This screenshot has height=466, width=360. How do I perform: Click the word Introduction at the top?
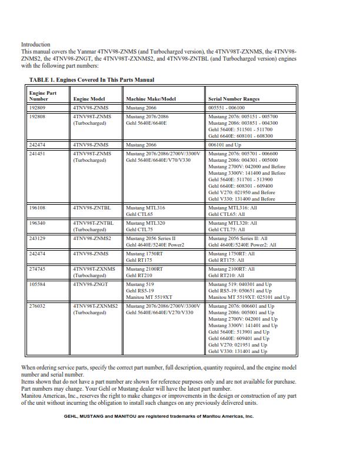pos(36,45)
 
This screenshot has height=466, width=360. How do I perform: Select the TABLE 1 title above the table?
pos(92,80)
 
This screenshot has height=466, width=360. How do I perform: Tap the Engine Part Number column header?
pos(43,96)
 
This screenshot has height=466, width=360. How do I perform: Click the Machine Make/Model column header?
pos(151,99)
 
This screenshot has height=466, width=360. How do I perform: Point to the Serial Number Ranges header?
pos(234,99)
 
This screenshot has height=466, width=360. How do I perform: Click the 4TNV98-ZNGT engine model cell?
pos(91,284)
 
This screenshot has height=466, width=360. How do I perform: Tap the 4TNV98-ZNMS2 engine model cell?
pos(92,238)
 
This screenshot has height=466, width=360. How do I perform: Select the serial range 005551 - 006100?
pos(227,108)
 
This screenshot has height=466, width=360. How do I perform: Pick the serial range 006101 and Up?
pos(225,144)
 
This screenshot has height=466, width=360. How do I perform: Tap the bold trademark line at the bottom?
pos(159,416)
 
